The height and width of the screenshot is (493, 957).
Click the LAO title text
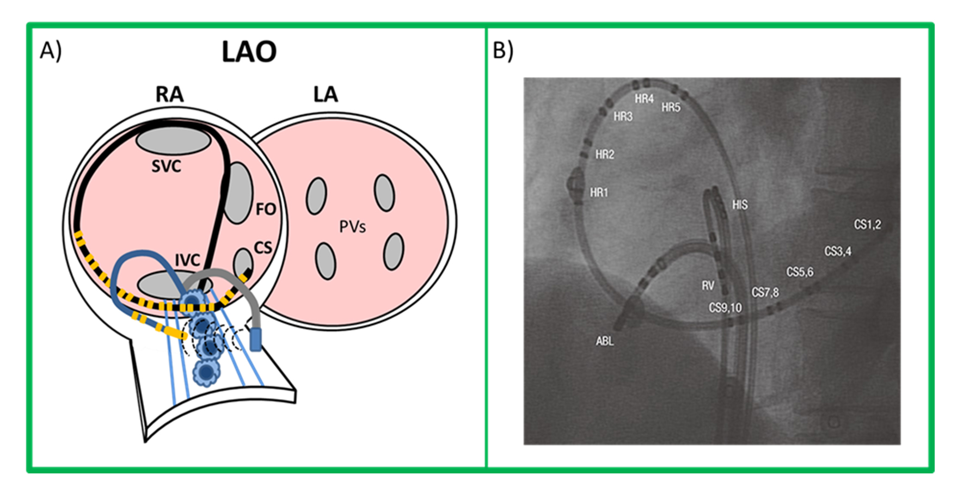coord(249,52)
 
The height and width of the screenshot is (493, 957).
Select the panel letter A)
coord(51,51)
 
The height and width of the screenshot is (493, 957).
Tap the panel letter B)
coord(502,51)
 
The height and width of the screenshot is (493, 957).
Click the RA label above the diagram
coord(169,95)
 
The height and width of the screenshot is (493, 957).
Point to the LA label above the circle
coord(325,95)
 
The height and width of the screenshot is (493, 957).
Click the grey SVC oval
coord(173,140)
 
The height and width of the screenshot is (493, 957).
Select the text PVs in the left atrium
coord(352,226)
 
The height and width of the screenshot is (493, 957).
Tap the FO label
coord(266,209)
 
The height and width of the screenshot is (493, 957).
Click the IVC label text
coord(187,260)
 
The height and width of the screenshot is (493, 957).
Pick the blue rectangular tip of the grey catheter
coord(255,338)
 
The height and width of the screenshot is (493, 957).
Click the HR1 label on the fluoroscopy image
coord(599,193)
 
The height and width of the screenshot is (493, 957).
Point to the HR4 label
coord(644,99)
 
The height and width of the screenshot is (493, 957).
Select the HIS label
coord(739,205)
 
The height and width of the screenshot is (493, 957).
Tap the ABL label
coord(604,341)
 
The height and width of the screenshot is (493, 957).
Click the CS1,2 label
coord(867,225)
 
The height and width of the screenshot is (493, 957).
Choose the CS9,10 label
coord(725,308)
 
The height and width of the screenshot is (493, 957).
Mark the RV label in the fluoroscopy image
coord(708,286)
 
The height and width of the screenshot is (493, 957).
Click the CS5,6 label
coord(800,272)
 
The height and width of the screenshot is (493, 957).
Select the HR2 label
coord(604,155)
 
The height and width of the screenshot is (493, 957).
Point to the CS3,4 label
coord(837,251)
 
